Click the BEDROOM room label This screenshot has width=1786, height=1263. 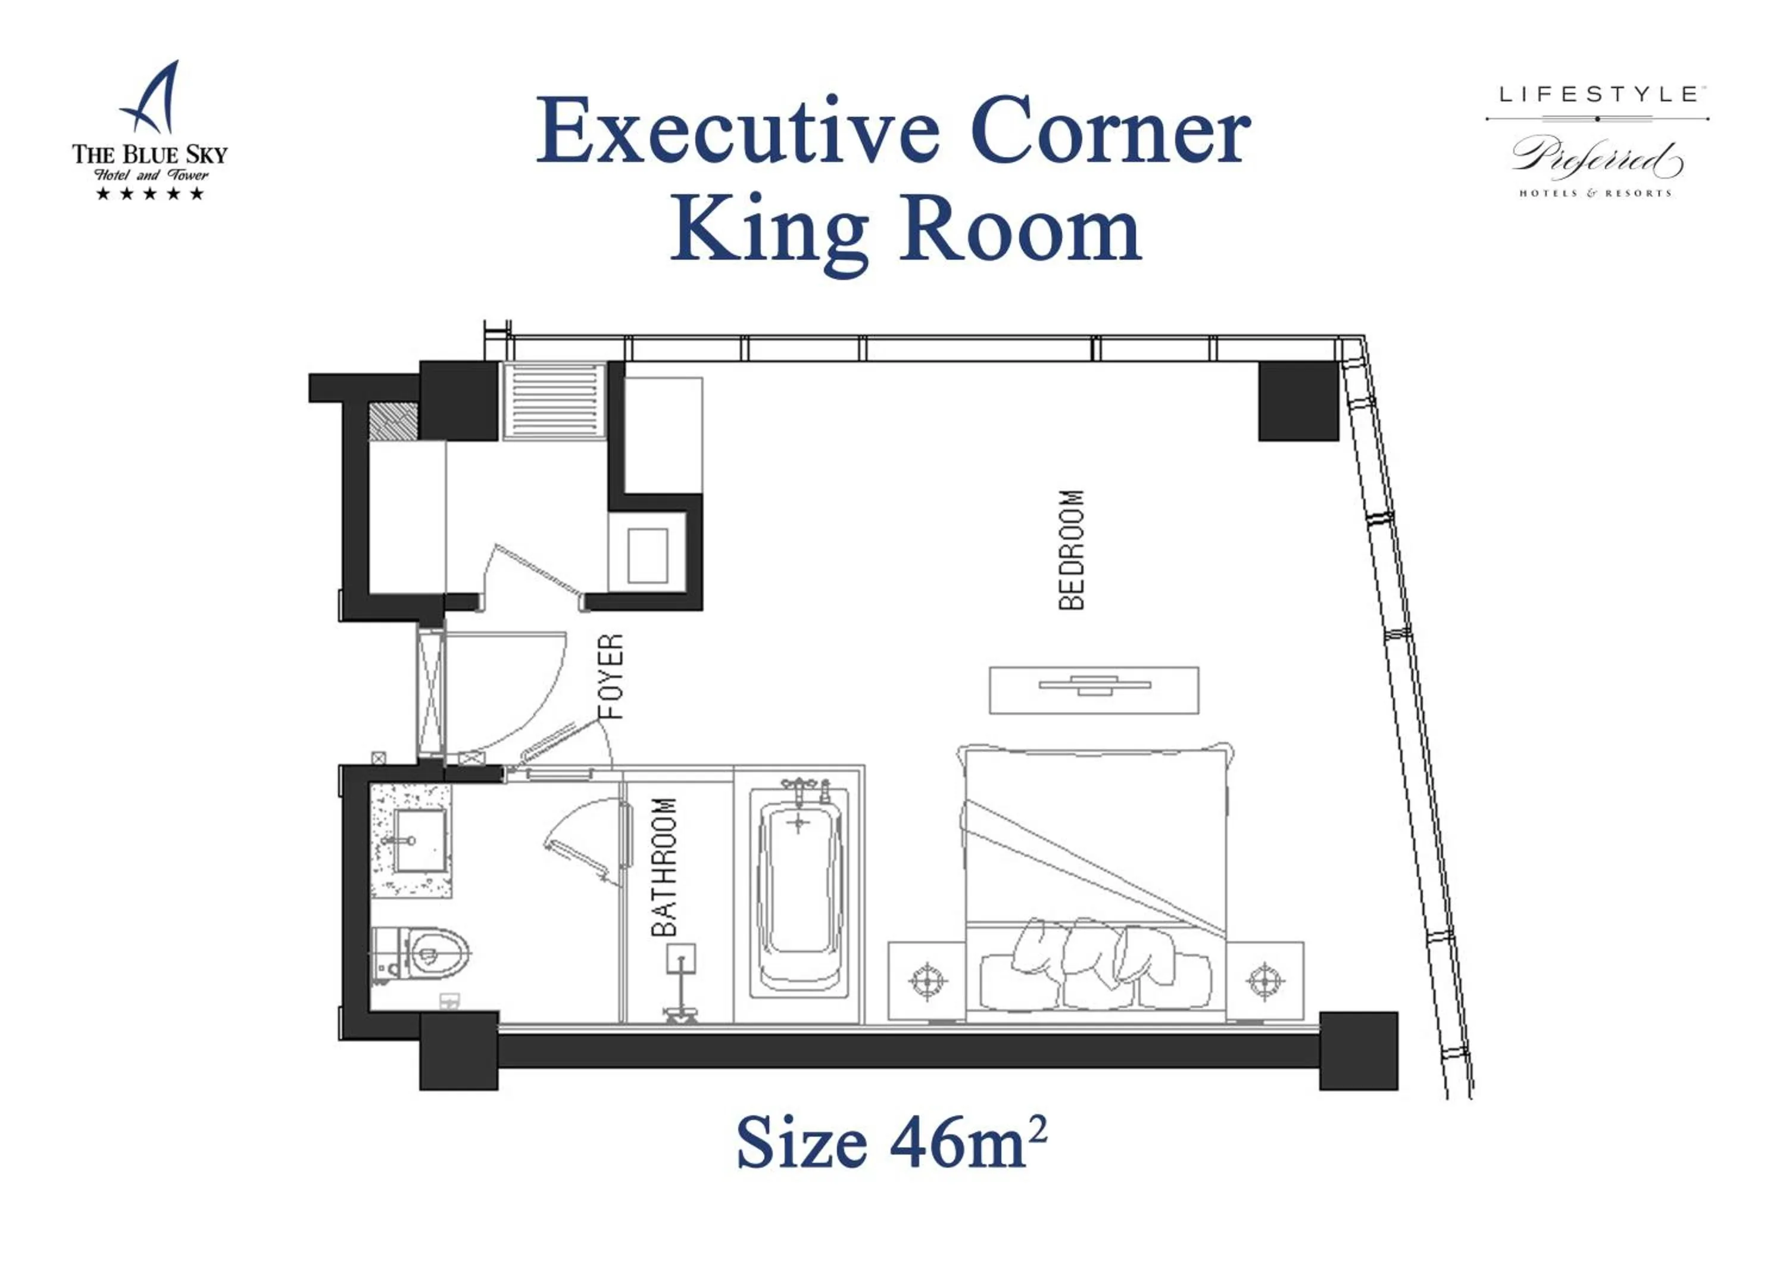[x=1071, y=549]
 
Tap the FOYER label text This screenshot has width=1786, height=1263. [x=611, y=676]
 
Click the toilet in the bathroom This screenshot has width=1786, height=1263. [x=424, y=953]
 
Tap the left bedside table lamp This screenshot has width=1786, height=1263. [x=926, y=980]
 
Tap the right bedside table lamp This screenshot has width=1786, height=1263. [x=1264, y=980]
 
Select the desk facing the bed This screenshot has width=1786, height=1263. [x=1093, y=689]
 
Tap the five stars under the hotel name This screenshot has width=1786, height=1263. [x=149, y=193]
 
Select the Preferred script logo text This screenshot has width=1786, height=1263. [x=1595, y=160]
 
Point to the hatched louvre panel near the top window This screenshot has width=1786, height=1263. [x=554, y=401]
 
